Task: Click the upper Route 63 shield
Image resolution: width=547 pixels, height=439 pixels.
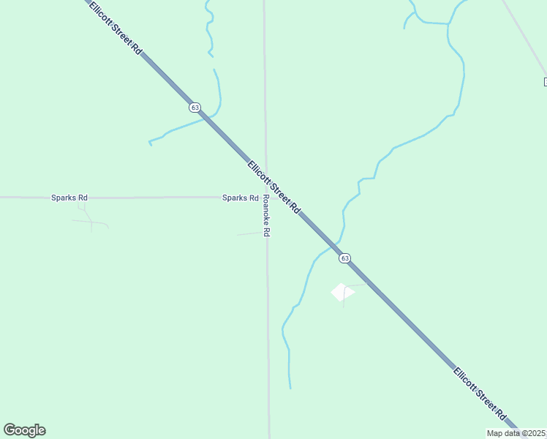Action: click(195, 107)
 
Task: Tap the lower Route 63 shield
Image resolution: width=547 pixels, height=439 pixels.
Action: click(344, 258)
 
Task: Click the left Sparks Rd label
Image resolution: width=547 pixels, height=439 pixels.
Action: click(69, 198)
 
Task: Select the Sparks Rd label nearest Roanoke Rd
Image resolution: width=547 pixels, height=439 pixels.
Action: click(240, 198)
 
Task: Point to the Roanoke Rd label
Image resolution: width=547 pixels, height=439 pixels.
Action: click(266, 215)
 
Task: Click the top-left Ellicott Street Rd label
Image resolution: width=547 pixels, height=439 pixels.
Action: click(115, 27)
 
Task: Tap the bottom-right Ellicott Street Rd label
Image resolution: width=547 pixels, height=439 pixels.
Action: click(480, 393)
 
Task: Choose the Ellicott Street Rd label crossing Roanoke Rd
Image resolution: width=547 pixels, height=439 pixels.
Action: click(274, 187)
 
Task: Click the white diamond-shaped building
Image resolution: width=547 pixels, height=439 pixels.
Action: click(342, 292)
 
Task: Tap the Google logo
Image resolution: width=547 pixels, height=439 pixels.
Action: click(25, 430)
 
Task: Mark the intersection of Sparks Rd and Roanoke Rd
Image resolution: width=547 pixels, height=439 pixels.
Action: click(265, 197)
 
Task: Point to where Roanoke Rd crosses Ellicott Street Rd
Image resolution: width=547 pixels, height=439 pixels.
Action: click(265, 177)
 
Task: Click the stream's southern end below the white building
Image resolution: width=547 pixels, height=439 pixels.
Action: click(290, 387)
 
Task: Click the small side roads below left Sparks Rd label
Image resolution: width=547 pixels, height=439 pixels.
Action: click(89, 219)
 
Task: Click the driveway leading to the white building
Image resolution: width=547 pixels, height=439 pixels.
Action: click(356, 285)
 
